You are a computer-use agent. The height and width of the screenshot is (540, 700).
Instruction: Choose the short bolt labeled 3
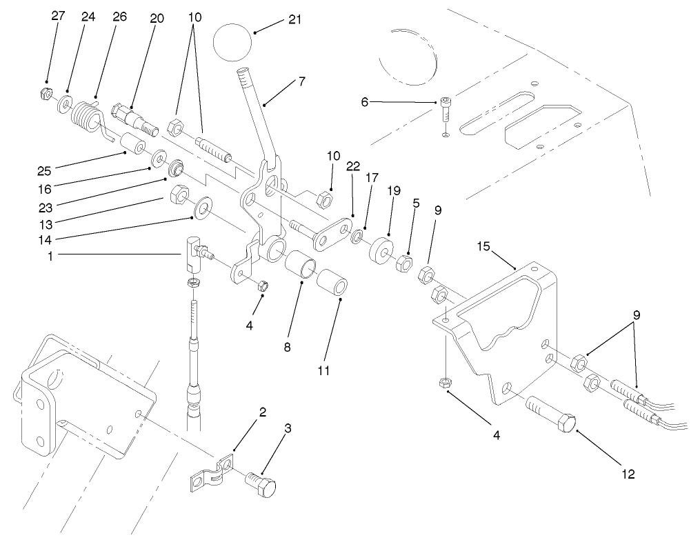pos(262,486)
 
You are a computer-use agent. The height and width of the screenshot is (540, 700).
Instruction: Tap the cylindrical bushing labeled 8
pos(302,266)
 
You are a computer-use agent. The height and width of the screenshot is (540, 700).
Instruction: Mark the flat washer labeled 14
pos(203,207)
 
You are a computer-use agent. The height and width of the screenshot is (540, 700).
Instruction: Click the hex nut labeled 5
pos(403,263)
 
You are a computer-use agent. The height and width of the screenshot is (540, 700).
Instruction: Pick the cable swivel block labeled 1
pos(194,252)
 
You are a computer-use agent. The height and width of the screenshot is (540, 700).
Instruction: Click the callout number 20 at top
pos(157,19)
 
